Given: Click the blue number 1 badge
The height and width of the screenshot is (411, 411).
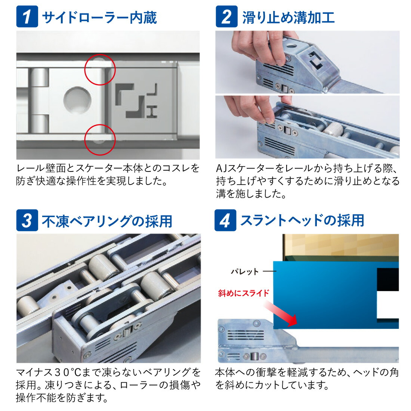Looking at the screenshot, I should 27,17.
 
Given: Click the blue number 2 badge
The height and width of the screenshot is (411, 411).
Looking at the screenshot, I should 226,17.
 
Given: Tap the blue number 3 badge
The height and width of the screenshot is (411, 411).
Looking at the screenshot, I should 27,220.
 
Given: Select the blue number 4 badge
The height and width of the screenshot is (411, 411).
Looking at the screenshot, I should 225,220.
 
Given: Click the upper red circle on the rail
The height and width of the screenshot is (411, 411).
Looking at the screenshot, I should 100,70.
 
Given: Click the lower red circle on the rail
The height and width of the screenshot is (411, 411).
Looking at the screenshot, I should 100,139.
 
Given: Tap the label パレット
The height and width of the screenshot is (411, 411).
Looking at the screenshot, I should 245,272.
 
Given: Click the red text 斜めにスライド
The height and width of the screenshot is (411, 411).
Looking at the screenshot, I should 244,293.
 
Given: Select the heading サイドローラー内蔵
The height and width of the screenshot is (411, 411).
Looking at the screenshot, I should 99,18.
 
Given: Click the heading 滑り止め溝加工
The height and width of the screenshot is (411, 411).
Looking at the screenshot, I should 288,18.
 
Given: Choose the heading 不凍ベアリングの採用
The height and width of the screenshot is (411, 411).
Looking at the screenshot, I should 107,221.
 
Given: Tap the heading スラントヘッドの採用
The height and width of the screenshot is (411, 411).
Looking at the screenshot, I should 302,220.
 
